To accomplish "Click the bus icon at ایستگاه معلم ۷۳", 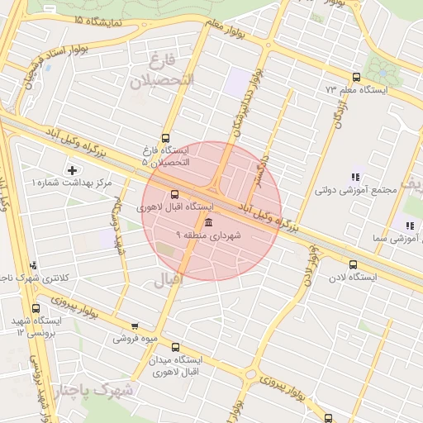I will click(x=356, y=77).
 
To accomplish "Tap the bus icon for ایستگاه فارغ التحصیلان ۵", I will click(x=165, y=138).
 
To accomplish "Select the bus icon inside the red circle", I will click(x=173, y=195).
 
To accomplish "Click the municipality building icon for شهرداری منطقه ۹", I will click(x=207, y=223).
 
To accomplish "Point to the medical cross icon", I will click(x=73, y=169).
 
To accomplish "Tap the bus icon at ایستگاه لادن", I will click(x=354, y=265).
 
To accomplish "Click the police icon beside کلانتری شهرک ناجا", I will click(x=33, y=265).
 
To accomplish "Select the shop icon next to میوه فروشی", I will click(x=135, y=326).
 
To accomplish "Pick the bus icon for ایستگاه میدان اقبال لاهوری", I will click(x=174, y=349).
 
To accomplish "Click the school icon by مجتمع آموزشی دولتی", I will click(x=356, y=177).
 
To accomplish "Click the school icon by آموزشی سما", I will click(x=409, y=225).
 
